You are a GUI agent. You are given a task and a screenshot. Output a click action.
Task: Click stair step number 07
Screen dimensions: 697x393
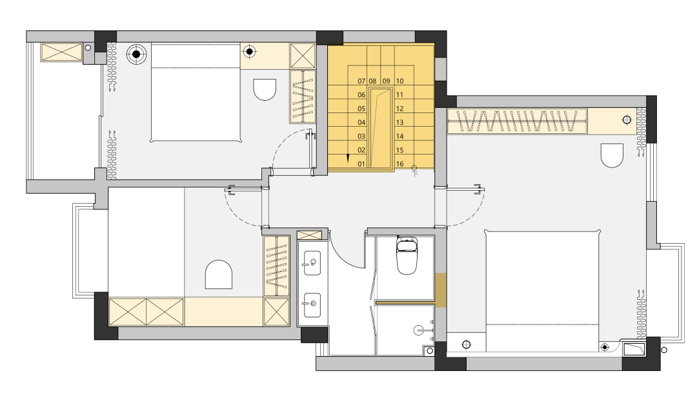361,81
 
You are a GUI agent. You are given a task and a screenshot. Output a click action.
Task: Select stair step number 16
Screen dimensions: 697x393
399,164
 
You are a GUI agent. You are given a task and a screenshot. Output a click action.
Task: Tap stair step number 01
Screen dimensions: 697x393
361,164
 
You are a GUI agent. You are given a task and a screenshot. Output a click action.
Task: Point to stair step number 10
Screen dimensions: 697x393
399,81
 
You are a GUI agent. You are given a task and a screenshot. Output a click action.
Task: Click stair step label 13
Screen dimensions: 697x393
399,122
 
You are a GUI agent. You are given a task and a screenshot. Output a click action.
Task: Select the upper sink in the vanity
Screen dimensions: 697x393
312,263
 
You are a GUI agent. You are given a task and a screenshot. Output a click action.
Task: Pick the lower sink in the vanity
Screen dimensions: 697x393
312,305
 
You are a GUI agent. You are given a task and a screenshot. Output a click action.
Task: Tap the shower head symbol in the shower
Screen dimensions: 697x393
419,330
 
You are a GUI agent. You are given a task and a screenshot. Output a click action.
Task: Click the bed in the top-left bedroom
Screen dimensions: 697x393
196,92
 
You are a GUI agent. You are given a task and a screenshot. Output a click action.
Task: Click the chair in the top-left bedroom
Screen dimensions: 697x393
265,89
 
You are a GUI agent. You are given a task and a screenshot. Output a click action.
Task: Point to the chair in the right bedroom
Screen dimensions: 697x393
612,155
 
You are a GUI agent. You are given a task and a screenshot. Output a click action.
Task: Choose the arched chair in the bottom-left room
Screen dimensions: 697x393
219,275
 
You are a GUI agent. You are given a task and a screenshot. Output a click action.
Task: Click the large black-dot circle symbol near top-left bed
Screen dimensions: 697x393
136,54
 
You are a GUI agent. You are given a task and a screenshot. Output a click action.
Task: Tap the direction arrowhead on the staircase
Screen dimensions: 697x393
348,158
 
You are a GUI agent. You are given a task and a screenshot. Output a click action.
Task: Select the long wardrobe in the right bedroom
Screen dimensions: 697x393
518,121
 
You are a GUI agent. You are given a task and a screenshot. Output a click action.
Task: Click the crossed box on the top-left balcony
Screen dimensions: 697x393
62,52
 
